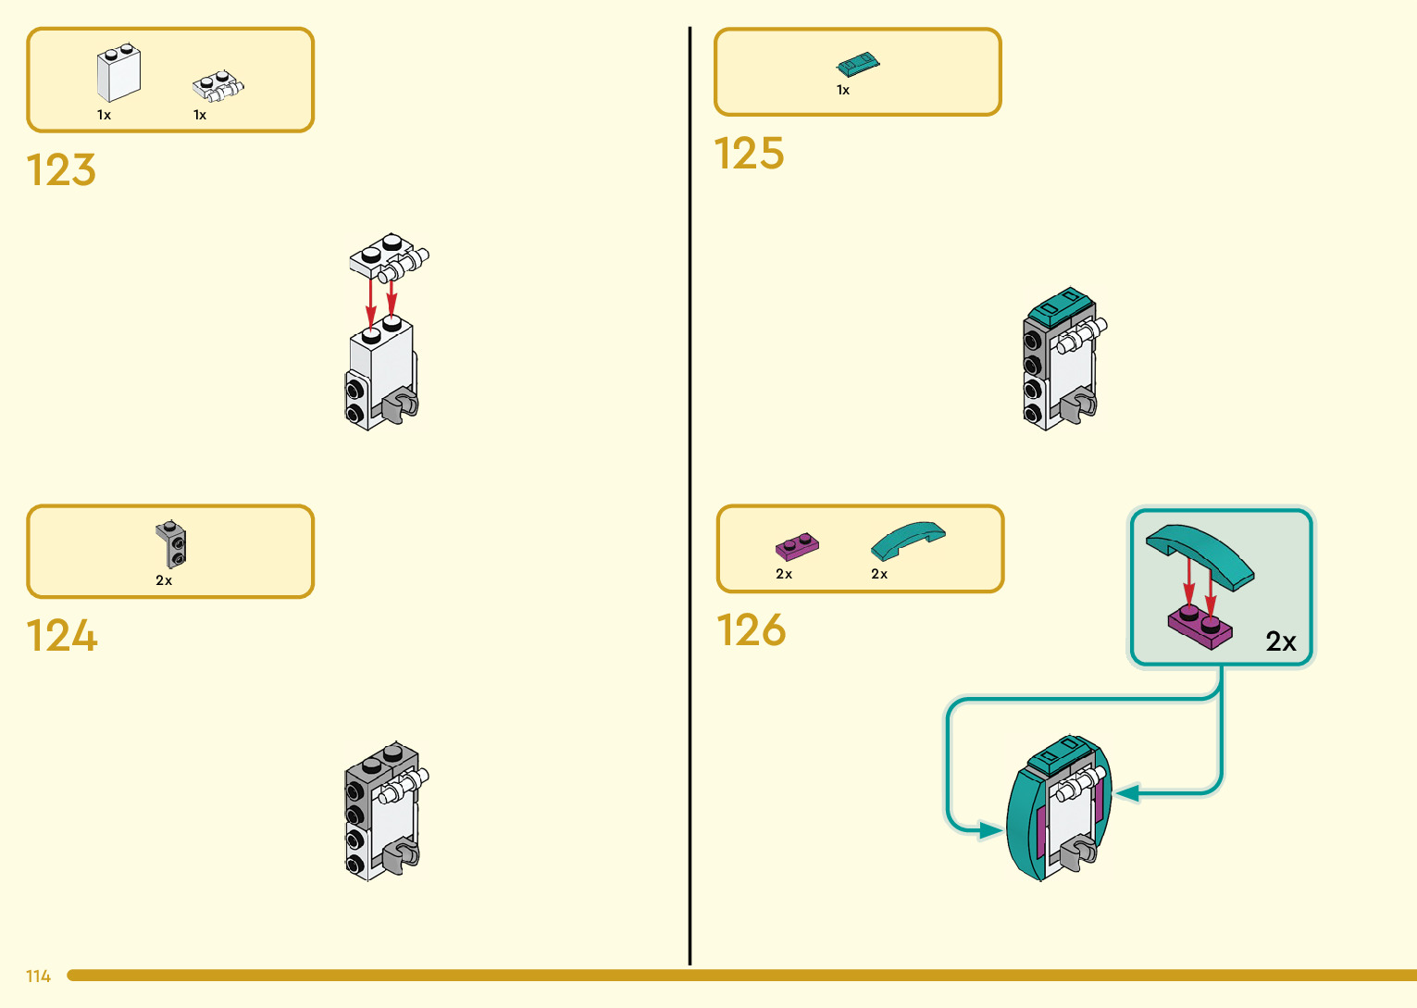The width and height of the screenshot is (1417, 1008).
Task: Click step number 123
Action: tap(61, 170)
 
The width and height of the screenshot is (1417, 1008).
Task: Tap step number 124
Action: tap(61, 636)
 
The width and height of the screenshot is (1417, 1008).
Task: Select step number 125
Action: tap(749, 154)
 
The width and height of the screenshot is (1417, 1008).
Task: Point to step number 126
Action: tap(751, 630)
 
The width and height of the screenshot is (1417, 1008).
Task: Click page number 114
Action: tap(38, 977)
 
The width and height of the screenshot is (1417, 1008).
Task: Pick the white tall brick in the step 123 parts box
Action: tap(118, 74)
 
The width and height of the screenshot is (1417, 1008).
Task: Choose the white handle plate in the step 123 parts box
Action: tap(217, 86)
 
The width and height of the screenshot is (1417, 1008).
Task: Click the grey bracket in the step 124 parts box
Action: tap(171, 543)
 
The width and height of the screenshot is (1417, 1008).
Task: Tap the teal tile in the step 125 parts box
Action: tap(858, 64)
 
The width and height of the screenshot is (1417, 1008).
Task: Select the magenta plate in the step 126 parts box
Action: tap(797, 547)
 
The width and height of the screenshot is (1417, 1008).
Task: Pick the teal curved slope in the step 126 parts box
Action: tap(907, 540)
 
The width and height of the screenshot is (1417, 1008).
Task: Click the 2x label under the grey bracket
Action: tap(164, 580)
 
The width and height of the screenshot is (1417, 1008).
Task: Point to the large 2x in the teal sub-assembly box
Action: tap(1281, 641)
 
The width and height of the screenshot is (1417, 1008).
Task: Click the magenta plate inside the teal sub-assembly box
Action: tap(1200, 627)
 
